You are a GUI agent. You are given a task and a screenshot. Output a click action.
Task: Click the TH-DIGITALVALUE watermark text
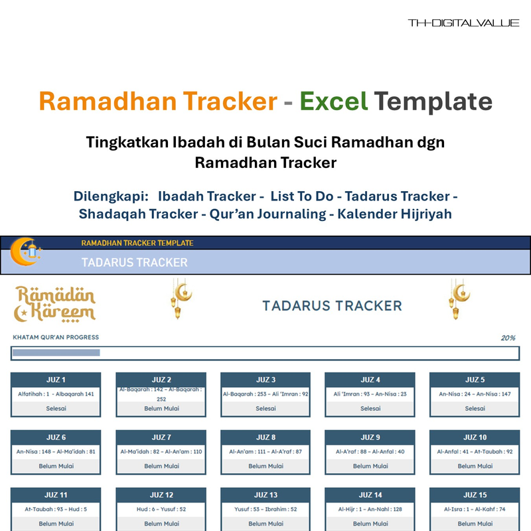(463, 23)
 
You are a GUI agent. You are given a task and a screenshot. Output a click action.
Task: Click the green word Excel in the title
(333, 102)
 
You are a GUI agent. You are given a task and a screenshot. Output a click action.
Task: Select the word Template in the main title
(433, 102)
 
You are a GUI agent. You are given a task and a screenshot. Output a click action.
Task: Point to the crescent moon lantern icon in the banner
(25, 252)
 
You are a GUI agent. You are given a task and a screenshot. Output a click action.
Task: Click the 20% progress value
(508, 338)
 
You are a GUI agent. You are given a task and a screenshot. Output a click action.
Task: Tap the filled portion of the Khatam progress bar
(56, 353)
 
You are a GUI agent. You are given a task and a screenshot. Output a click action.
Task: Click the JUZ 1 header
(56, 380)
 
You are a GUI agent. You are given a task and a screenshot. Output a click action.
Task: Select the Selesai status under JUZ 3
(265, 409)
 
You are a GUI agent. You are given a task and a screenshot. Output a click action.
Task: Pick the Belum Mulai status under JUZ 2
(161, 409)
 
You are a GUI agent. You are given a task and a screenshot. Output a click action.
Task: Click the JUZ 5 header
(474, 380)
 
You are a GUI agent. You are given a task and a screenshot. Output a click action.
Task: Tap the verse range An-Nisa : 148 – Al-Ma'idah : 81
(56, 452)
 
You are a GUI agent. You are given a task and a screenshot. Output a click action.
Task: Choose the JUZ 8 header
(265, 437)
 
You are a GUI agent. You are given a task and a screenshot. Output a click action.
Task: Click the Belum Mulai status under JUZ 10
(474, 466)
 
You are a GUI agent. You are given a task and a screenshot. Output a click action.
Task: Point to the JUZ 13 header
(265, 495)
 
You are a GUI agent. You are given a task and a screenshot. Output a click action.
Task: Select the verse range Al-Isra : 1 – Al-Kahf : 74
(474, 509)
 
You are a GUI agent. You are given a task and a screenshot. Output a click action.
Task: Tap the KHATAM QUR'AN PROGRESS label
(56, 338)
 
